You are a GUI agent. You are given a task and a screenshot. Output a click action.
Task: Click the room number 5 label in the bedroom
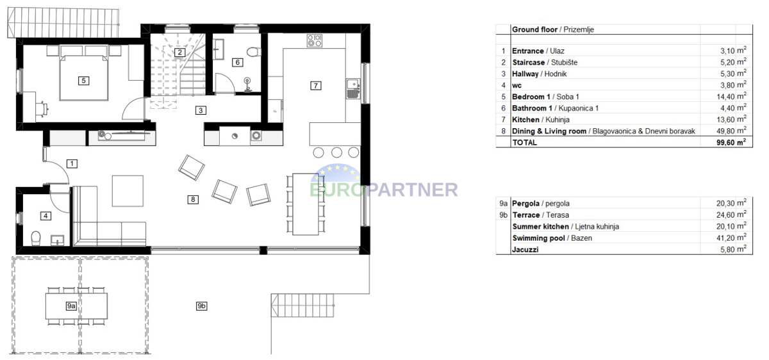pos(83,81)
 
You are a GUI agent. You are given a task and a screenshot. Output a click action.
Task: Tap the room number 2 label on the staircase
pos(179,53)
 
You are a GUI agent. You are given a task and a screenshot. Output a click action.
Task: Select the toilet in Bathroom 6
pos(254,52)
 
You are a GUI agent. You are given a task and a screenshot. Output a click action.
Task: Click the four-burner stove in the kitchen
pos(315,40)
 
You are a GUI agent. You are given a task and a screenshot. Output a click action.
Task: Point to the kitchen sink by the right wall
pos(353,89)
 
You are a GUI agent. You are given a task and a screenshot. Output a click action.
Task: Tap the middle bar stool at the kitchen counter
pos(336,152)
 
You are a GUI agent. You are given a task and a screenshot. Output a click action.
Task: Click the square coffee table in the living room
pos(128,191)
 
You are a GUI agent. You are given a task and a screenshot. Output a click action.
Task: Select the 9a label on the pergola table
pos(71,306)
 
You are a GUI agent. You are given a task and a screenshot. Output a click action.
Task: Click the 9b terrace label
pos(201,306)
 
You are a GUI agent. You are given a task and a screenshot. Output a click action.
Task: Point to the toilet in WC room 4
pos(36,238)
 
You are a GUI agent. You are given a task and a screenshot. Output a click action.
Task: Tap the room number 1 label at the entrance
pos(72,164)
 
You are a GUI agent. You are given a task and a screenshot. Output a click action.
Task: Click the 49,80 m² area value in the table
pos(731,131)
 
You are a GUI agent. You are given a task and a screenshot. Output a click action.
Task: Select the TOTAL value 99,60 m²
pos(731,142)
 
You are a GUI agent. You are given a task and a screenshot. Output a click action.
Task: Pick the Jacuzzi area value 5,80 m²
pos(733,249)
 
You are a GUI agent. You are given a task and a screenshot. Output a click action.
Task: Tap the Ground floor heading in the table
pos(534,29)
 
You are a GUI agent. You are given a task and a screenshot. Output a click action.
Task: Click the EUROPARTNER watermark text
pos(384,190)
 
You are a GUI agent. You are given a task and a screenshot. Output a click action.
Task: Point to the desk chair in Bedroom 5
pos(42,109)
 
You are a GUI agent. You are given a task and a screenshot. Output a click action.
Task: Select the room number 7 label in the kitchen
pos(315,85)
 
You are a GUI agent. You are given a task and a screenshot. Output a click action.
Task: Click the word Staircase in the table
pos(528,62)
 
